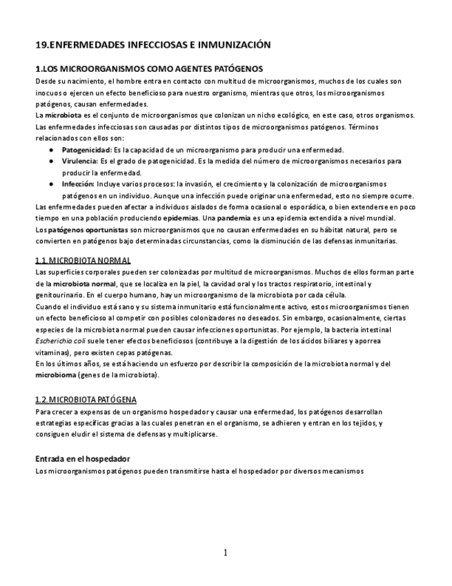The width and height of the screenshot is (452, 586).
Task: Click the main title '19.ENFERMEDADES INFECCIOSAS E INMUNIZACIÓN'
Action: [153, 45]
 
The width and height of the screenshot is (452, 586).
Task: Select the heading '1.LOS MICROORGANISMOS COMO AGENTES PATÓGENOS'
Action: [148, 68]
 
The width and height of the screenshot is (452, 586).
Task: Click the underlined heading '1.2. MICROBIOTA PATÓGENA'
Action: [86, 399]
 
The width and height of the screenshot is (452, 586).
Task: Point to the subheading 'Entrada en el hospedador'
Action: [83, 459]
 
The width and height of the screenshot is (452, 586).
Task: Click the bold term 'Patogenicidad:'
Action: [87, 150]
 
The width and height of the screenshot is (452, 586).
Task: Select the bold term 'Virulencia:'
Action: [81, 161]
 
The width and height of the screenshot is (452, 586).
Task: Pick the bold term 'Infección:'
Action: [79, 185]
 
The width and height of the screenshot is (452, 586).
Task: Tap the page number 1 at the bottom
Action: [225, 552]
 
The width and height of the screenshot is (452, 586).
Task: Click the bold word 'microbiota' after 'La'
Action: [63, 115]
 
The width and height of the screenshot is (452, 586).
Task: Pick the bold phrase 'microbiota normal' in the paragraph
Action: [83, 284]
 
